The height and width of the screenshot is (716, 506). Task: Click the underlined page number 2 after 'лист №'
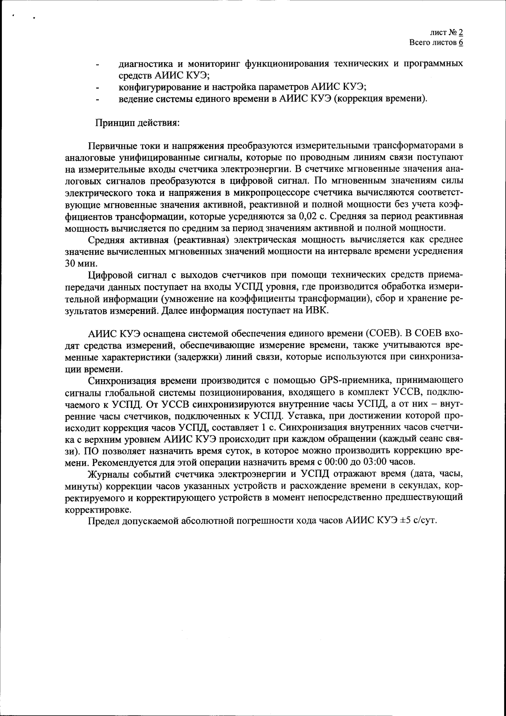pyautogui.click(x=460, y=33)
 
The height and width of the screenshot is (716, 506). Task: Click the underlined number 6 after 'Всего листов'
pyautogui.click(x=460, y=43)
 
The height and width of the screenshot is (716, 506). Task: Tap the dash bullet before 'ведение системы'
pyautogui.click(x=97, y=99)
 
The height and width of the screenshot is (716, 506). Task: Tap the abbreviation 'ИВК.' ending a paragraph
pyautogui.click(x=318, y=310)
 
